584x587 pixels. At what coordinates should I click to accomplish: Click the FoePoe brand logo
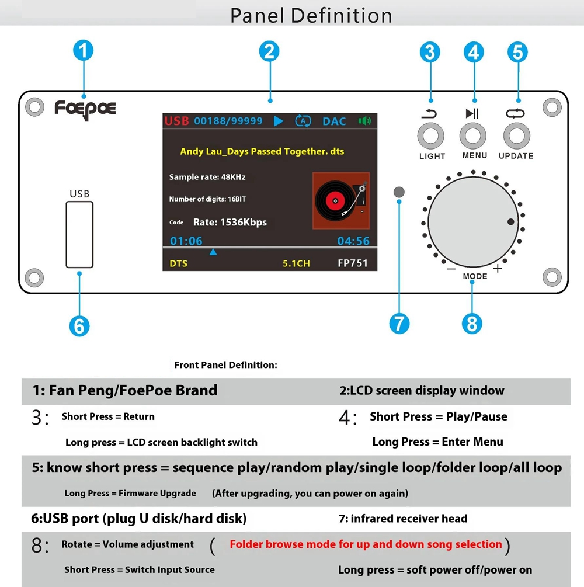coord(85,109)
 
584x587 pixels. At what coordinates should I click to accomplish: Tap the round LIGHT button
coord(430,136)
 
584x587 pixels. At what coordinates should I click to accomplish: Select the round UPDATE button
coord(517,136)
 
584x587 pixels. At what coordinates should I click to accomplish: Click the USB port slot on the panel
coord(79,234)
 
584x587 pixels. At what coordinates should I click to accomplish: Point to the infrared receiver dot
coord(399,192)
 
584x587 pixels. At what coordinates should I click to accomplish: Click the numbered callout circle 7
coord(399,324)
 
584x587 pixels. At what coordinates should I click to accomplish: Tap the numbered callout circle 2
coord(269,51)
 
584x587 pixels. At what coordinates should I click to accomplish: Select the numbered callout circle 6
coord(79,326)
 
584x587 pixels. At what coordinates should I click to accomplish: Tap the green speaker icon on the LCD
coord(364,121)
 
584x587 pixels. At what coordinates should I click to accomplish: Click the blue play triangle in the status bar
coord(279,121)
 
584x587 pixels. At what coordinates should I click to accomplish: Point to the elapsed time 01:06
coord(186,241)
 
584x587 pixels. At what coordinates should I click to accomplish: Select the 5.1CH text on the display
coord(296,263)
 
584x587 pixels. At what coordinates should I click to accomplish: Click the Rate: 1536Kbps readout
coord(230,222)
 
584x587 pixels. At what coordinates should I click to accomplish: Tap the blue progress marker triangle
coord(213,252)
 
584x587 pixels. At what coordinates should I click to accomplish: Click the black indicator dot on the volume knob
coord(510,221)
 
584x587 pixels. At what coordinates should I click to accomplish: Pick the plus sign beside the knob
coord(498,268)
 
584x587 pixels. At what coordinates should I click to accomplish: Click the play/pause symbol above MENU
coord(472,113)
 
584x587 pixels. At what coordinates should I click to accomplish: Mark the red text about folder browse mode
coord(366,544)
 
